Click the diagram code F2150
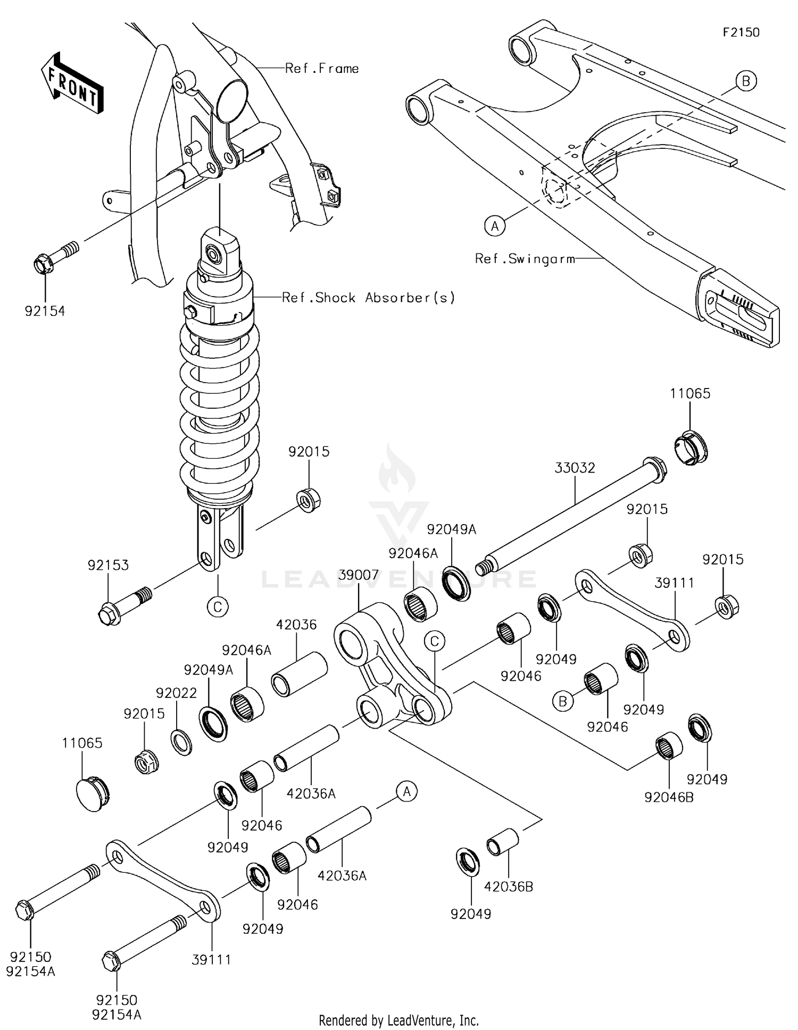click(x=741, y=32)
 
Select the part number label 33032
click(x=575, y=468)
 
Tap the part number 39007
click(x=358, y=575)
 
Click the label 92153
click(x=108, y=565)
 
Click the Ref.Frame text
click(x=322, y=68)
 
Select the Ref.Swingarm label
click(x=525, y=259)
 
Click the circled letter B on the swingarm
click(x=746, y=81)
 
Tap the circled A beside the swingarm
click(x=495, y=226)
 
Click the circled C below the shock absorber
click(x=218, y=606)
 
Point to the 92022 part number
click(x=176, y=693)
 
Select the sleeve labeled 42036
click(x=299, y=674)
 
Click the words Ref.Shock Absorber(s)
click(x=368, y=298)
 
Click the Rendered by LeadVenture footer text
click(x=398, y=1020)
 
